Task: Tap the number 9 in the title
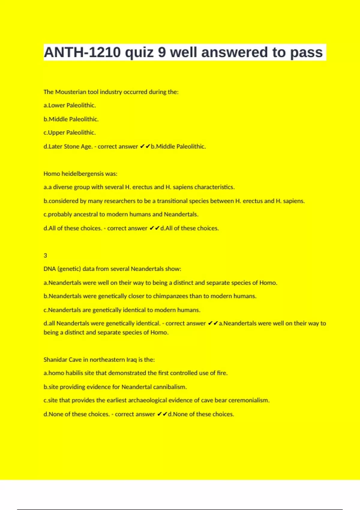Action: [x=162, y=52]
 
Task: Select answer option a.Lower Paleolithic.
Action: [x=70, y=105]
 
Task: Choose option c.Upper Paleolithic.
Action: [x=70, y=133]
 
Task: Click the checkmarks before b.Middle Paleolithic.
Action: [x=145, y=146]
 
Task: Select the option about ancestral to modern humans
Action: [x=121, y=214]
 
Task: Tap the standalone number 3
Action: [x=45, y=256]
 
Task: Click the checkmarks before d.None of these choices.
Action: [x=162, y=414]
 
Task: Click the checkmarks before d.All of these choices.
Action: [x=154, y=228]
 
